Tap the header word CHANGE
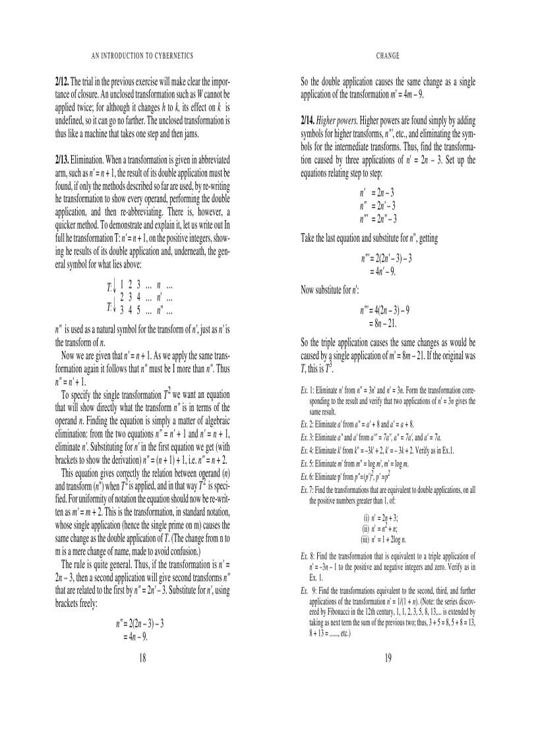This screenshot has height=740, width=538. point(388,57)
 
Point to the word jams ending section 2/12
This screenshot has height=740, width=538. point(188,134)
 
